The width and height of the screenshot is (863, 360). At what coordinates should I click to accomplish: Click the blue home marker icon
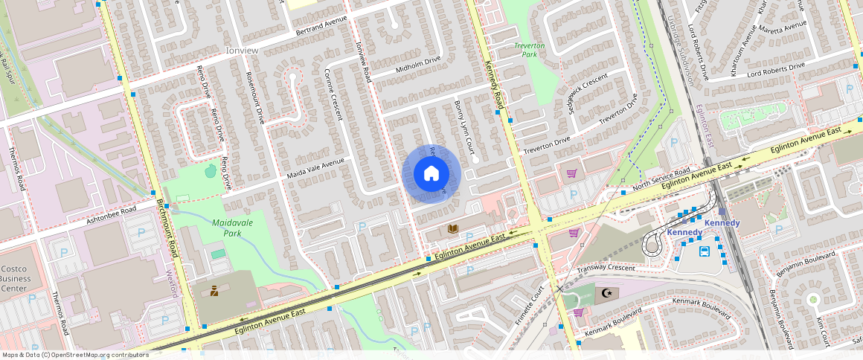431,174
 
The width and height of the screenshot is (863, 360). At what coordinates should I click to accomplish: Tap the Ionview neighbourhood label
242,50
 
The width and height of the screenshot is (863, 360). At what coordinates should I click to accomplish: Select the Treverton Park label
530,50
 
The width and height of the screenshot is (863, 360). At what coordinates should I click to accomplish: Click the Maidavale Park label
232,228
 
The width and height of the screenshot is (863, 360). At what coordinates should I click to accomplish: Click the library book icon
452,228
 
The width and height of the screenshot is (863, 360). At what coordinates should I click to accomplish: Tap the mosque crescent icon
608,294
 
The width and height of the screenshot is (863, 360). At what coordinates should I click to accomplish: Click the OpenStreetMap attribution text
75,355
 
